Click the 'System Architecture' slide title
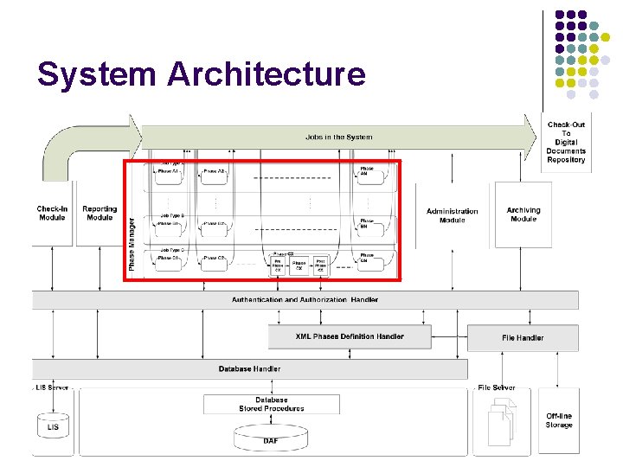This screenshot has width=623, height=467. (202, 74)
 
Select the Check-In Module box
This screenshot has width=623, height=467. (52, 213)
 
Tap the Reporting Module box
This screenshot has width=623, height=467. (100, 213)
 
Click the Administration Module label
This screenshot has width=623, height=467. (452, 215)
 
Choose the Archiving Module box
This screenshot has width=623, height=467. (523, 214)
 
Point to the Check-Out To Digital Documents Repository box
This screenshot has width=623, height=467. (566, 142)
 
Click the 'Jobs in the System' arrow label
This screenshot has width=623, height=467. (338, 137)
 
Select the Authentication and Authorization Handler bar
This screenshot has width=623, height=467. (305, 300)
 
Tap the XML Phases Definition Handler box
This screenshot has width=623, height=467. (350, 336)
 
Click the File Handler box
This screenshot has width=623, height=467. (523, 337)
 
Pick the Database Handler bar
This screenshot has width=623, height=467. (249, 368)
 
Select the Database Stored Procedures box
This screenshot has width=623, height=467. (272, 405)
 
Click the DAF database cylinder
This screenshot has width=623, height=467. (271, 438)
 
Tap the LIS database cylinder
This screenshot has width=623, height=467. (53, 426)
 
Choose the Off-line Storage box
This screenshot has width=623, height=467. (559, 420)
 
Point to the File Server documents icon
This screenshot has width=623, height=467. (501, 424)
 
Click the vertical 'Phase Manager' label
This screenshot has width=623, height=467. (132, 243)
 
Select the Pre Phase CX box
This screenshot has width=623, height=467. (278, 265)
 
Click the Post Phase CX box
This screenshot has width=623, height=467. (320, 265)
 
